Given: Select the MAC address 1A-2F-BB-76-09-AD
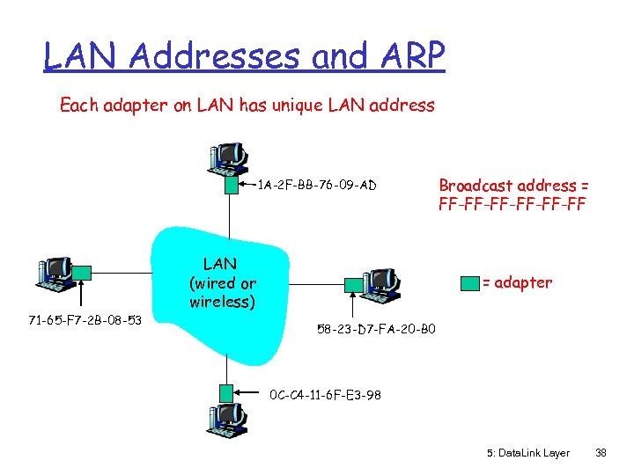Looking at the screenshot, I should pyautogui.click(x=317, y=185).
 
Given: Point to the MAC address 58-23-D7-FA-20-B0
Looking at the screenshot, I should pyautogui.click(x=375, y=330).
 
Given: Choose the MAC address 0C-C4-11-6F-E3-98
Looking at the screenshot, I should pyautogui.click(x=325, y=395).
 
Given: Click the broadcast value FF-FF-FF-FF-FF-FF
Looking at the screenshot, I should pyautogui.click(x=512, y=205).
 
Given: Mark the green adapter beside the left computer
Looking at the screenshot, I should pyautogui.click(x=81, y=274).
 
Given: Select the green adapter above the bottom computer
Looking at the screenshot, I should pyautogui.click(x=227, y=392).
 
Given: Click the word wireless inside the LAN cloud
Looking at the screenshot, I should pyautogui.click(x=223, y=302).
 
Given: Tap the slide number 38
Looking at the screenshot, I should pyautogui.click(x=601, y=452).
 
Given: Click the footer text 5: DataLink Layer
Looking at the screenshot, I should pyautogui.click(x=527, y=452).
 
